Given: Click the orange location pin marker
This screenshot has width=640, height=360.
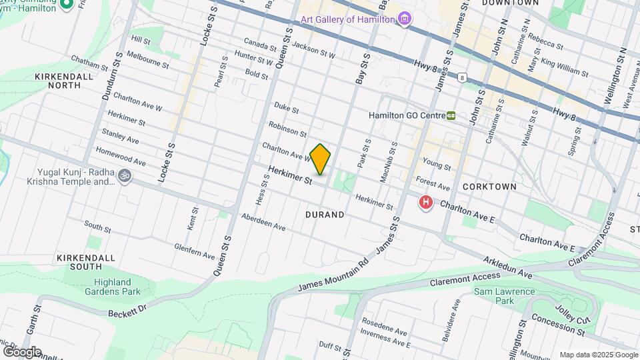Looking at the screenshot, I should click(x=321, y=159).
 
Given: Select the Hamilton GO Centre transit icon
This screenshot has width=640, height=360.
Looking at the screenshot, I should click(x=451, y=115).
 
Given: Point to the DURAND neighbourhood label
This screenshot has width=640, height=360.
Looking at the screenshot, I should click(x=325, y=215).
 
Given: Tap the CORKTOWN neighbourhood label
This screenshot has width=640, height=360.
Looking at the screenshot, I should click(x=489, y=187).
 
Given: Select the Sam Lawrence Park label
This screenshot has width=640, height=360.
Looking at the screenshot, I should click(x=505, y=296).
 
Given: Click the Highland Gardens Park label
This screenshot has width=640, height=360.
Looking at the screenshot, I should click(x=117, y=287).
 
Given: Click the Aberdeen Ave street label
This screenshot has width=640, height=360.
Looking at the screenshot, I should click(x=263, y=222).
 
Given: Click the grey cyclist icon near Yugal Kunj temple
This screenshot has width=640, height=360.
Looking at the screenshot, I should click(x=124, y=176).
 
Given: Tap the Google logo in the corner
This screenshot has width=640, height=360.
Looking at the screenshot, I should click(x=22, y=351).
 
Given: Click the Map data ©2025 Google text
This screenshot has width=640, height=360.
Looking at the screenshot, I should click(x=598, y=355).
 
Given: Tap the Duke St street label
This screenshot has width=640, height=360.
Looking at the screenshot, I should click(x=287, y=109).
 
